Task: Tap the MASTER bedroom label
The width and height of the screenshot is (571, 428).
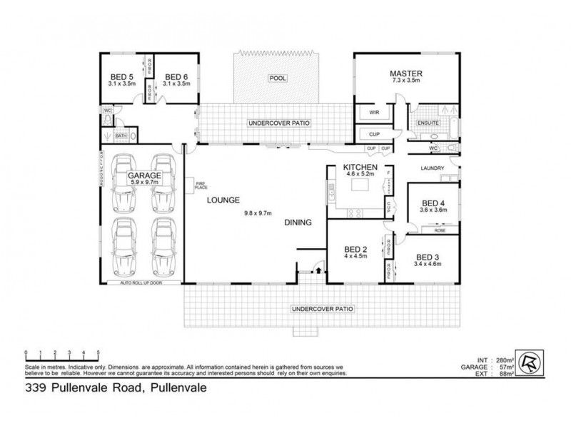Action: point(406,73)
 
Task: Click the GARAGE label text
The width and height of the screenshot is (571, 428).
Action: point(143,175)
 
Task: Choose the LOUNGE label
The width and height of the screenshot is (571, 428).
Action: point(223,200)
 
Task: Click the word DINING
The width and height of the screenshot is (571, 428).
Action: point(298,223)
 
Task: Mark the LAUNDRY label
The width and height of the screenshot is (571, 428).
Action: point(433,169)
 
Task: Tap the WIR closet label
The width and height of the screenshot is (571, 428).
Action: point(373,113)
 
